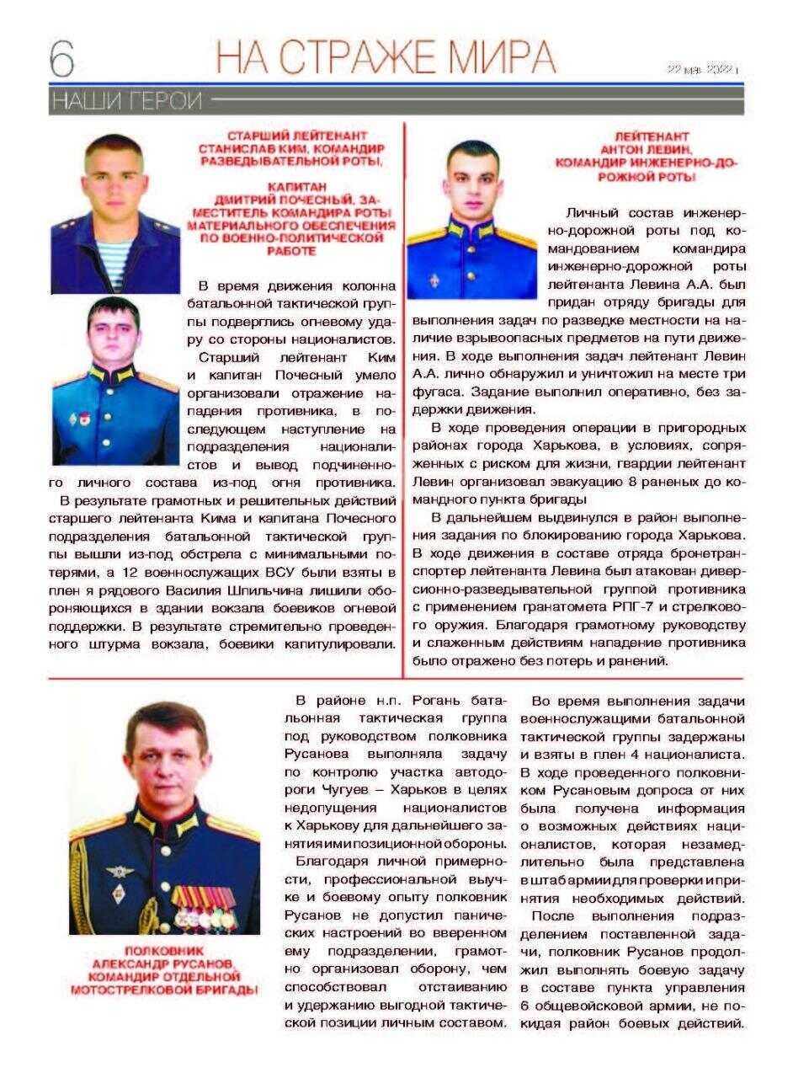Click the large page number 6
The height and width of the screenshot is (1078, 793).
pyautogui.click(x=62, y=58)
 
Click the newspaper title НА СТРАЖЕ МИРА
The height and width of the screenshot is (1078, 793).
pyautogui.click(x=386, y=57)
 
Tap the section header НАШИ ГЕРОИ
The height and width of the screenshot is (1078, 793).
pyautogui.click(x=127, y=102)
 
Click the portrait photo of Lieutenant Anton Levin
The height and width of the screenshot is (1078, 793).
pyautogui.click(x=471, y=219)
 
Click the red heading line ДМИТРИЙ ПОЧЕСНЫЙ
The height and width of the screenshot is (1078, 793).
pyautogui.click(x=286, y=200)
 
